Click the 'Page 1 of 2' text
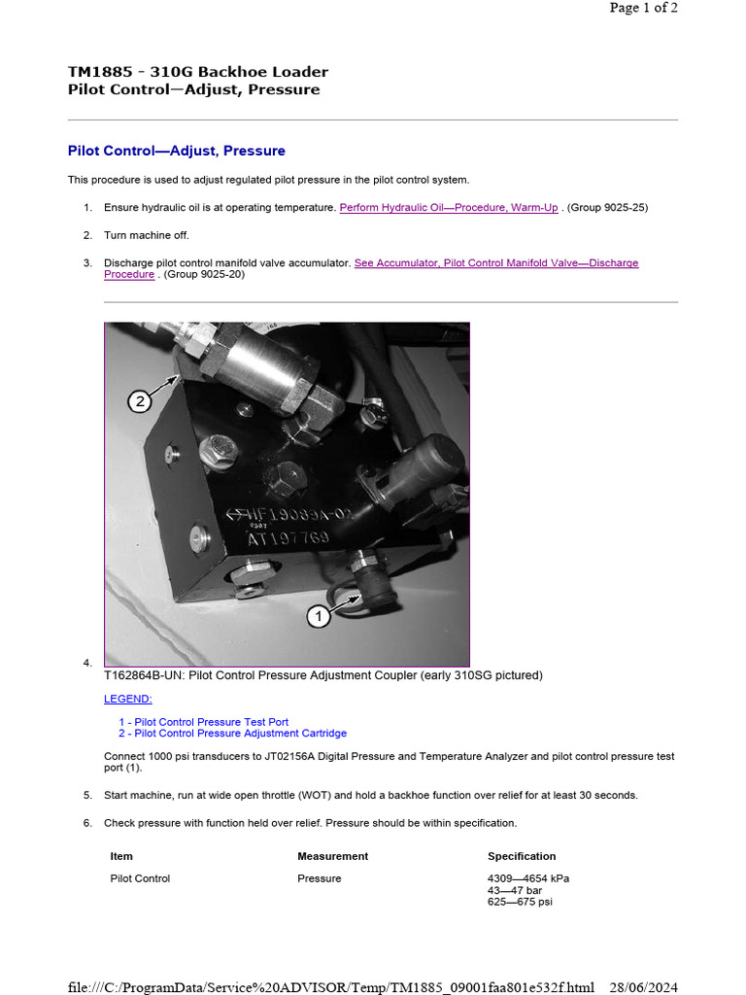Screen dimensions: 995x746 [643, 8]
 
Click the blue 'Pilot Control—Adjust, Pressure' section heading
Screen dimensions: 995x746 [176, 151]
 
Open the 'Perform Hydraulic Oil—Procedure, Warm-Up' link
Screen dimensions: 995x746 [448, 207]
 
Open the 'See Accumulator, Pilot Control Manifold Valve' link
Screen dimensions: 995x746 [495, 263]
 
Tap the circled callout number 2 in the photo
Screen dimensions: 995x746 [141, 400]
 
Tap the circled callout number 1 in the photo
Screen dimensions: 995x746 [320, 615]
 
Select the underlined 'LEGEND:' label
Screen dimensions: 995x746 [128, 699]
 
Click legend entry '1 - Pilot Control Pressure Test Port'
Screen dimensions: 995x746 [203, 722]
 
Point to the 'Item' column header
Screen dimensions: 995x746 [121, 856]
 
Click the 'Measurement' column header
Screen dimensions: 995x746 [332, 856]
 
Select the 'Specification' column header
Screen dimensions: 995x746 [522, 856]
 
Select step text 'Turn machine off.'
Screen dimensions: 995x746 [147, 235]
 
